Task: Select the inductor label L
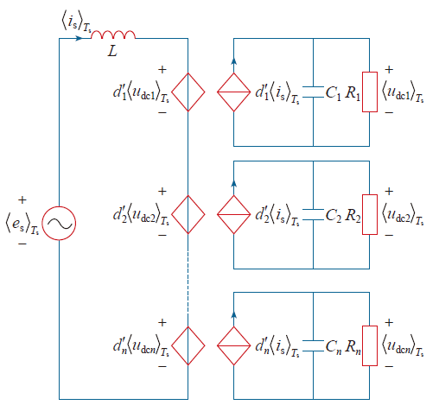112,52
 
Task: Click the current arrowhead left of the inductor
79,38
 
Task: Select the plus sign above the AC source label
22,199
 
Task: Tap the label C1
334,93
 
